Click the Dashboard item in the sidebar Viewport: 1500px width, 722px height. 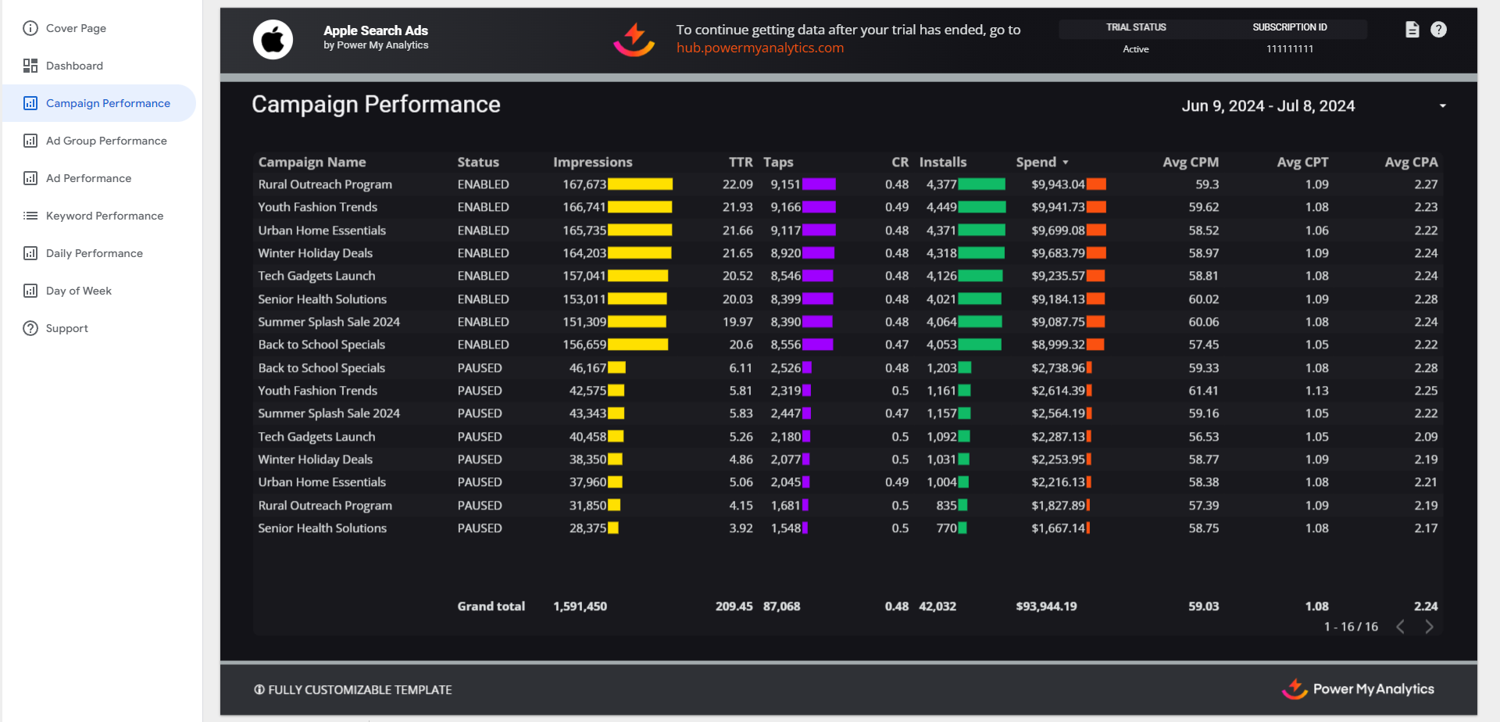click(74, 66)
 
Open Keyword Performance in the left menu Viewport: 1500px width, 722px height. click(104, 216)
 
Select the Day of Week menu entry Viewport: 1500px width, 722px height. click(78, 291)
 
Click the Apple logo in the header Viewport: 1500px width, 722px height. click(273, 39)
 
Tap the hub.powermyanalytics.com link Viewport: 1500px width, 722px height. click(759, 48)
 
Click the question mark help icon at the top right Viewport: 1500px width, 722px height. click(1438, 30)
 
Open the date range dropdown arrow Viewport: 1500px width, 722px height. click(1442, 106)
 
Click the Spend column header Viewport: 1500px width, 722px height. click(1036, 162)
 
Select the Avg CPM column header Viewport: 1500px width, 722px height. click(1190, 162)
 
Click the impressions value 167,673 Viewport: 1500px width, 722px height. click(584, 184)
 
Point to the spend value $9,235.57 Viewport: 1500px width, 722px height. click(1058, 276)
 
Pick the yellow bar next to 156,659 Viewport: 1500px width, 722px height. click(637, 345)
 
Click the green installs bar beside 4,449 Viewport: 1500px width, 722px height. click(982, 207)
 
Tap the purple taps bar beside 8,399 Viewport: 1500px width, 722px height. click(817, 299)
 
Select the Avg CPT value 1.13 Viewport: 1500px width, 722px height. click(1316, 391)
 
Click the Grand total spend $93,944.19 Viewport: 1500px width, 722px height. click(1046, 606)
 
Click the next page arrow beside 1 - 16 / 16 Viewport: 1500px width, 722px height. click(1429, 627)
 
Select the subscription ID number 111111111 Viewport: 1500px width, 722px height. click(1289, 48)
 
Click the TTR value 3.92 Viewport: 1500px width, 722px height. click(741, 528)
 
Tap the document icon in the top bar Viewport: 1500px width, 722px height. click(1412, 30)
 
